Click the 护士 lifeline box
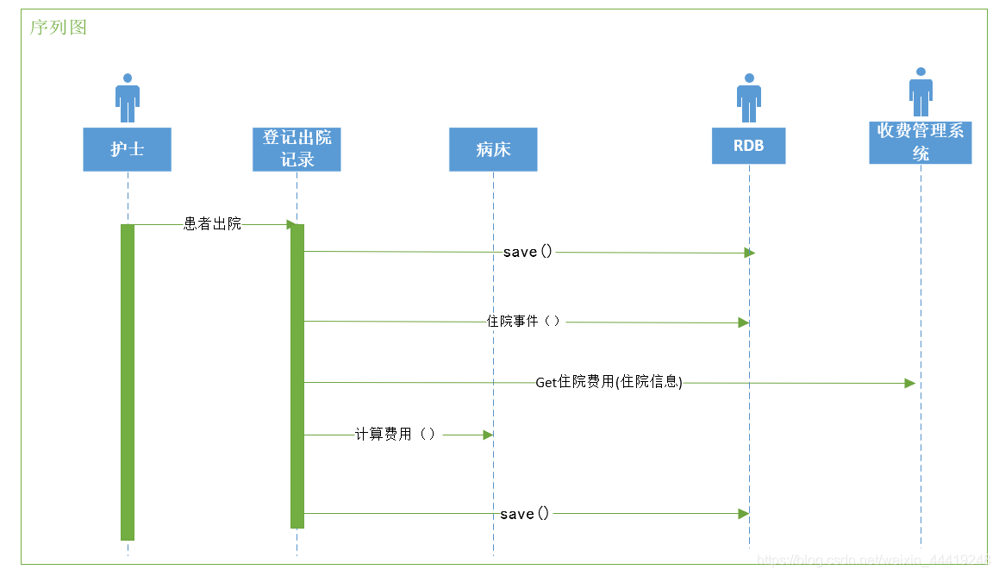(127, 149)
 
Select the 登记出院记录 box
(297, 149)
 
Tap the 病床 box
(493, 149)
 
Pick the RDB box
(748, 146)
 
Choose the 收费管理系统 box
(920, 142)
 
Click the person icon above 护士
(128, 97)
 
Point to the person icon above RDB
(748, 97)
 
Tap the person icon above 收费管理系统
(921, 91)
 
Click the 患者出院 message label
(213, 224)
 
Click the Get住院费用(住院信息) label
(609, 382)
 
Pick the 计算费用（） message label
(396, 435)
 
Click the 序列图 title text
(59, 28)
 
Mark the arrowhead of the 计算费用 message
(487, 435)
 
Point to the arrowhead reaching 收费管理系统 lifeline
(909, 383)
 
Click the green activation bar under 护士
(128, 382)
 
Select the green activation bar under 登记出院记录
(297, 375)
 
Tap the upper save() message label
(528, 252)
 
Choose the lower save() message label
(524, 514)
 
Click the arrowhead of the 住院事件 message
(743, 322)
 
